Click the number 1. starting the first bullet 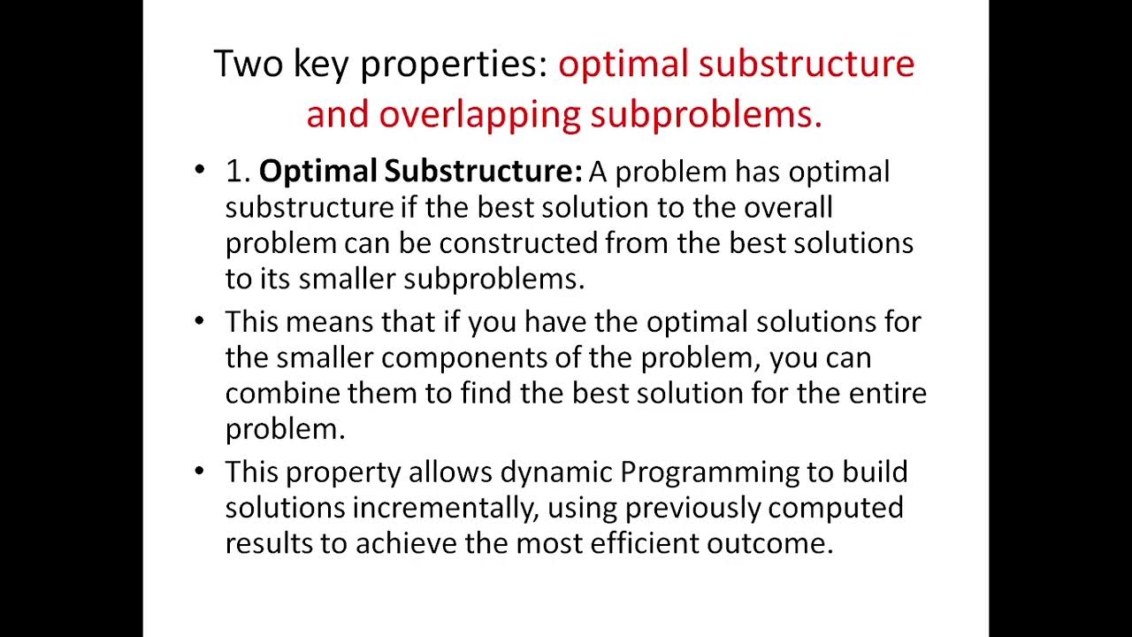coord(238,171)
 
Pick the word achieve coord(406,542)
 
